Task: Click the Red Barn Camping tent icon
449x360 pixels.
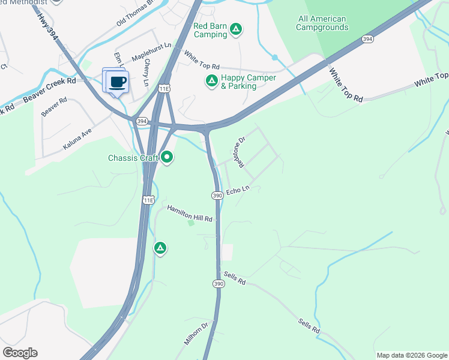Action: (x=237, y=29)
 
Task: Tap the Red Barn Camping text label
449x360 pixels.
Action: (x=210, y=30)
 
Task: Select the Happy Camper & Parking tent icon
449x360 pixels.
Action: (x=211, y=81)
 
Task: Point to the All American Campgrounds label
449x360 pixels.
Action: (x=322, y=23)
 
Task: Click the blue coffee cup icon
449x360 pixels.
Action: (x=118, y=82)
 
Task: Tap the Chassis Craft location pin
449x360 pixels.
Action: (x=167, y=158)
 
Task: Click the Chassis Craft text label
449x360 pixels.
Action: (x=133, y=158)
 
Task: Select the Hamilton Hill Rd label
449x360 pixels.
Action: (x=190, y=213)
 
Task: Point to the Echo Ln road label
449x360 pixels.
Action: (x=238, y=191)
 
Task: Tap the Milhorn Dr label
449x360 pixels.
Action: (x=196, y=334)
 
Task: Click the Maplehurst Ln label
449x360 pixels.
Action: (x=151, y=45)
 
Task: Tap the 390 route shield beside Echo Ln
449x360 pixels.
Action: (x=217, y=196)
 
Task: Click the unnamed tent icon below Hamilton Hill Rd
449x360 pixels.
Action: (x=160, y=248)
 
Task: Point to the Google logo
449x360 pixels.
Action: (x=20, y=353)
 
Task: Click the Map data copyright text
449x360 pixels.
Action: (x=411, y=355)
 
